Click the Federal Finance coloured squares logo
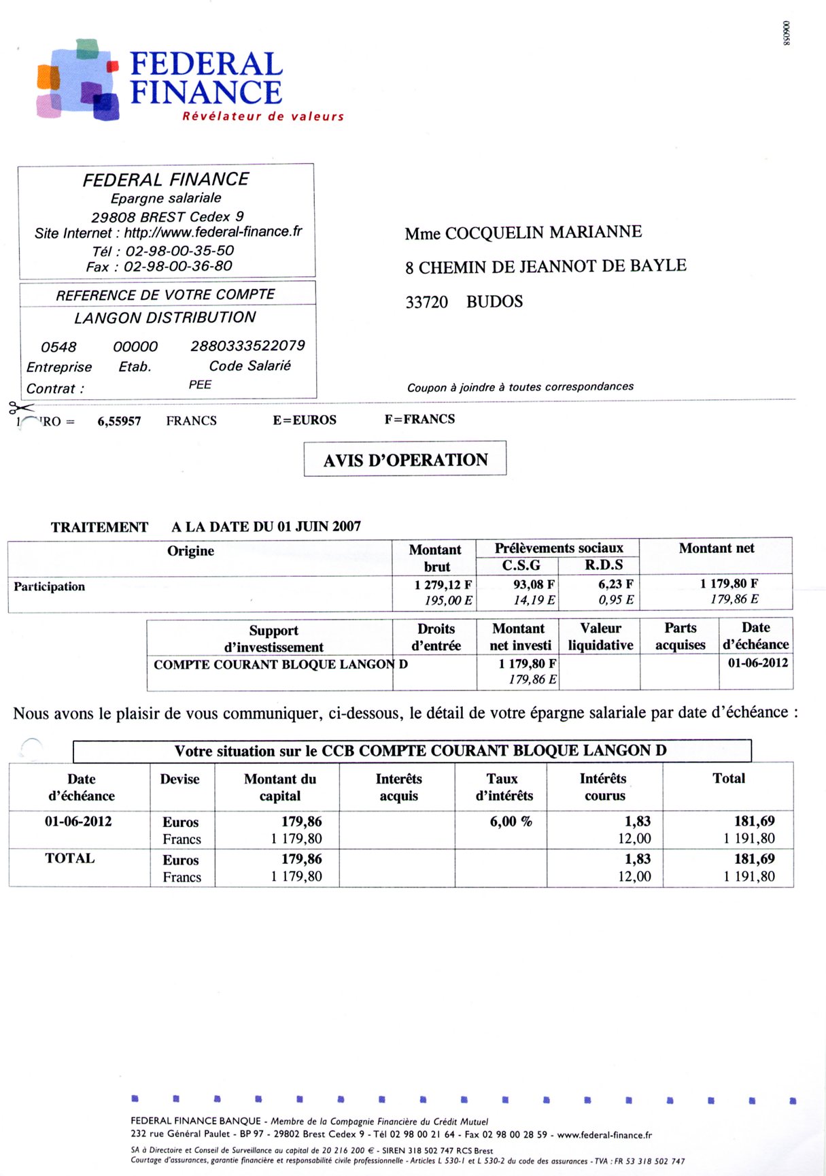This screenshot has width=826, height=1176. pos(77,80)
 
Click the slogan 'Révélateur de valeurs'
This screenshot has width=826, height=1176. pos(262,116)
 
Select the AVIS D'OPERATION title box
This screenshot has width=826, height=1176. pos(405,460)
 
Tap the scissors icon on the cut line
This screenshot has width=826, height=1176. pos(20,408)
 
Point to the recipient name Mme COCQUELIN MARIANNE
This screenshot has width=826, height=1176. pos(523,233)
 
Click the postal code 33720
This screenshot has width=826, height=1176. pos(426,302)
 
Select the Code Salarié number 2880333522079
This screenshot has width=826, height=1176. pos(247,346)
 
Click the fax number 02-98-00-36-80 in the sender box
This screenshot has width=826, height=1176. pos(178,266)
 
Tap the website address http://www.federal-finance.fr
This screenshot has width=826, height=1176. pos(213,232)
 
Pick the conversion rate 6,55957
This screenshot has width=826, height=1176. pos(119,421)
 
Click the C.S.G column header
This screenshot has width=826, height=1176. pos(521,565)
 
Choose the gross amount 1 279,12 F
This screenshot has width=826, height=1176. pos(443,584)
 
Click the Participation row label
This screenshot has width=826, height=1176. pos(49,586)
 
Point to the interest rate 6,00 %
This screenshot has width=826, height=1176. pos(511,821)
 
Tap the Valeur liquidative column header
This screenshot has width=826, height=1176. pos(600,637)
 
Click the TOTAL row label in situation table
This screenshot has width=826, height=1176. pos(69,858)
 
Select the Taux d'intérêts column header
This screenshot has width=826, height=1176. pos(503,787)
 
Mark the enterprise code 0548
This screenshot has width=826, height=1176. pos(58,347)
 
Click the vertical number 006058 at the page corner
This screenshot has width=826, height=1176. pos(787,33)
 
